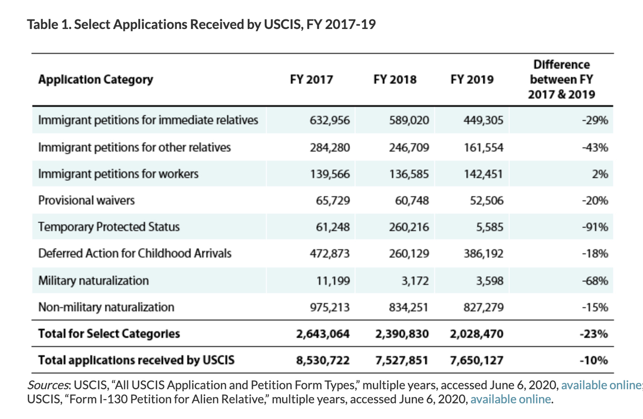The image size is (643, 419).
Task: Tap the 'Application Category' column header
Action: click(x=95, y=80)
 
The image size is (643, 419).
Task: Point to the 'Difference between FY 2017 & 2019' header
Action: click(x=562, y=80)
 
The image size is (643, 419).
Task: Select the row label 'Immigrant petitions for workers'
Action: click(x=118, y=174)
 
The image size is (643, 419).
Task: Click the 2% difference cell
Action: click(x=601, y=174)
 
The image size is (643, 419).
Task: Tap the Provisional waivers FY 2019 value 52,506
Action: click(x=485, y=200)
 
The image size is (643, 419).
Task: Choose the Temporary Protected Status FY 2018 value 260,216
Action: click(x=409, y=227)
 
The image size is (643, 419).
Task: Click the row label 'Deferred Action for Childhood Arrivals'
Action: click(x=134, y=253)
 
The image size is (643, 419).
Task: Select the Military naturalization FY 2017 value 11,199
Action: click(x=334, y=280)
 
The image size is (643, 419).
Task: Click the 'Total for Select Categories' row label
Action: click(x=109, y=334)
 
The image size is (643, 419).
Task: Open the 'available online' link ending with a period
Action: click(x=510, y=399)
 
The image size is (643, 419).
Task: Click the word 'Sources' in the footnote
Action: click(x=48, y=385)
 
